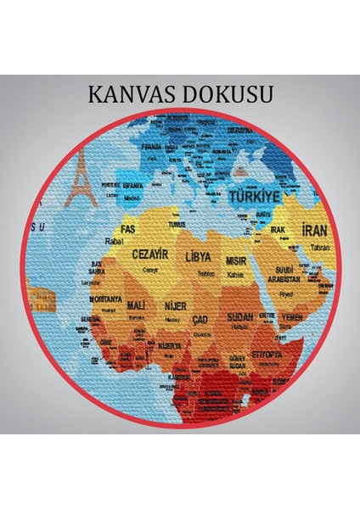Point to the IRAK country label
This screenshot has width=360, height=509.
(x=277, y=229)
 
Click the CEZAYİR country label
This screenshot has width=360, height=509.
(x=150, y=253)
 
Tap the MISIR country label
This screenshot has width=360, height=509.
(x=235, y=261)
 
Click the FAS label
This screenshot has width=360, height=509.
(x=128, y=228)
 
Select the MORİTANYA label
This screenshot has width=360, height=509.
(x=108, y=299)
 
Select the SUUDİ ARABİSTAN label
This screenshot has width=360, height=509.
(x=286, y=273)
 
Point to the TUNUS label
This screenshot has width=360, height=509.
(x=177, y=225)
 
